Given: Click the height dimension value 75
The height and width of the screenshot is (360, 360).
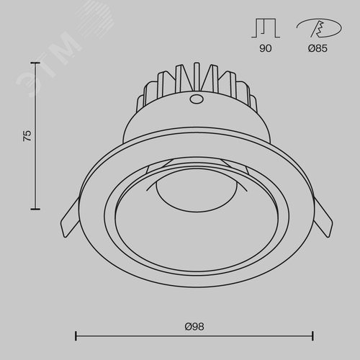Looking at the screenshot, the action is click(27, 135).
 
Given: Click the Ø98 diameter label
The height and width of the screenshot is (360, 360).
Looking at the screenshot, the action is click(194, 327).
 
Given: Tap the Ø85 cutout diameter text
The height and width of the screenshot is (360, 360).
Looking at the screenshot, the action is click(318, 48).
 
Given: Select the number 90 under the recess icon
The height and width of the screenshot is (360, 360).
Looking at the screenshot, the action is click(266, 48).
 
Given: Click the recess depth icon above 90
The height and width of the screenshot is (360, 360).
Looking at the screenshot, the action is click(266, 28).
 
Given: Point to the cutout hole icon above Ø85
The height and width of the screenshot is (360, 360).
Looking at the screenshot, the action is click(319, 28).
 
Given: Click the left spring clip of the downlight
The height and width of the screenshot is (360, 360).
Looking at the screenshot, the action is click(70, 217).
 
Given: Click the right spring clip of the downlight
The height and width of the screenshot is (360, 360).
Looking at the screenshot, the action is click(323, 217).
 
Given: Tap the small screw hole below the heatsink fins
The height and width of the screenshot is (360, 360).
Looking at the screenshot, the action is click(197, 99).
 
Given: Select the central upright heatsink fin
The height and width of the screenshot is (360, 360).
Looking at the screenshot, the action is click(197, 77).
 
